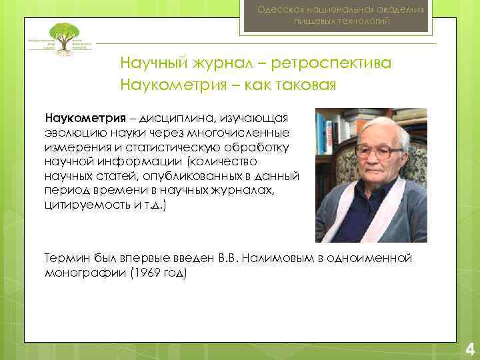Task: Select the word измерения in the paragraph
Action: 74,147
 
